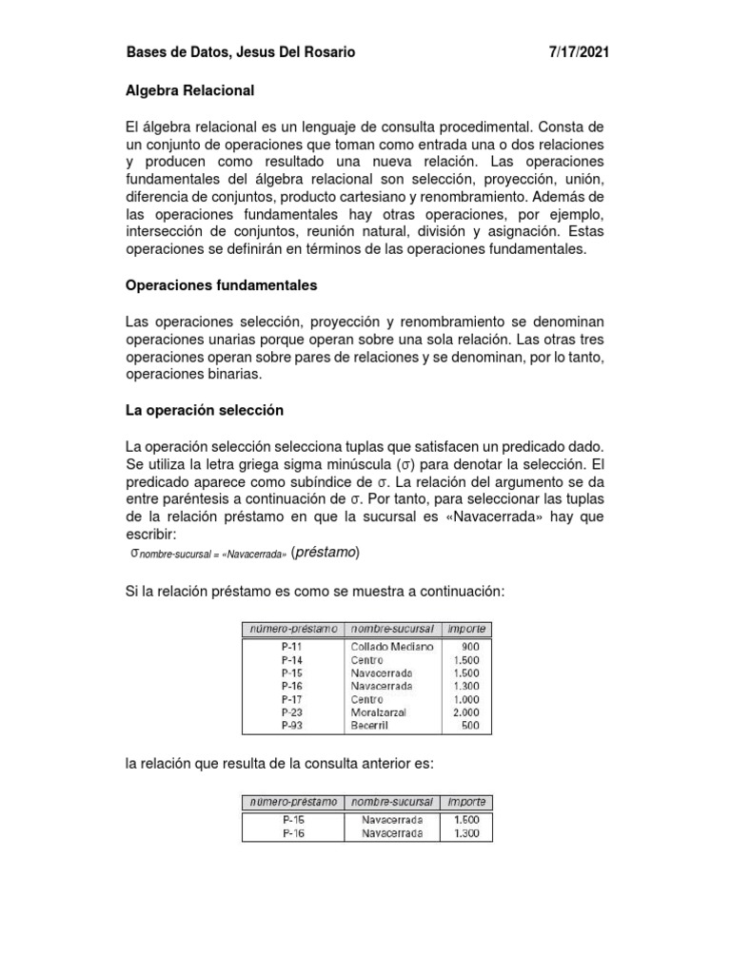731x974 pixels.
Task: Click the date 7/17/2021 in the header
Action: tap(578, 53)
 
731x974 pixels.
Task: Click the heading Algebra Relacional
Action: tap(190, 91)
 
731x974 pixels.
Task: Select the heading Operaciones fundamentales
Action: tap(222, 284)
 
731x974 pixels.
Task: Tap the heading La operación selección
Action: tap(205, 412)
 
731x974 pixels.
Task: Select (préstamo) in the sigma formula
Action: tap(326, 554)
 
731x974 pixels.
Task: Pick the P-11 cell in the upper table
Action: tap(291, 647)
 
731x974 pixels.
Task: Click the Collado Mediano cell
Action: tap(391, 647)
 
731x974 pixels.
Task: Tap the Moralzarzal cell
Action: tap(381, 712)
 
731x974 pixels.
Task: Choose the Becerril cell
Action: tap(370, 726)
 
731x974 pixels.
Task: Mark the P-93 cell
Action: tap(291, 726)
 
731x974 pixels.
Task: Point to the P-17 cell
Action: tap(291, 699)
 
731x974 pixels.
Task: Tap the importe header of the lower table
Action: tap(466, 802)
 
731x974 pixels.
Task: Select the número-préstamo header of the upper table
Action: tap(291, 629)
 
